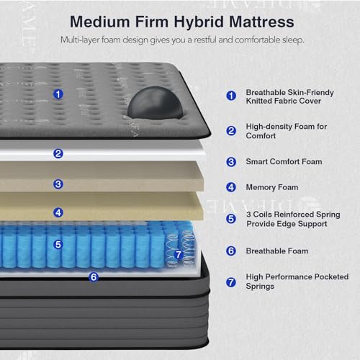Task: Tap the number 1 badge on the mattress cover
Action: pos(58,94)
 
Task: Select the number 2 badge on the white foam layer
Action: pos(58,153)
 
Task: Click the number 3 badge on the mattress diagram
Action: pos(58,184)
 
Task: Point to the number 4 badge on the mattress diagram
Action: pos(58,212)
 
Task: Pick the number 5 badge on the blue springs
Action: pos(58,244)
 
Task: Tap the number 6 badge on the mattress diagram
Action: pos(93,275)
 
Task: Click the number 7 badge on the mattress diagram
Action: pos(179,255)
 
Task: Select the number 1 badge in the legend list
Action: pos(231,94)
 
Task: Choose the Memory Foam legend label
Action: pos(272,187)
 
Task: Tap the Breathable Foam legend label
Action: pos(277,251)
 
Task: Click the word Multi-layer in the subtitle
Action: pos(81,38)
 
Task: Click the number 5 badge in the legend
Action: pos(231,219)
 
